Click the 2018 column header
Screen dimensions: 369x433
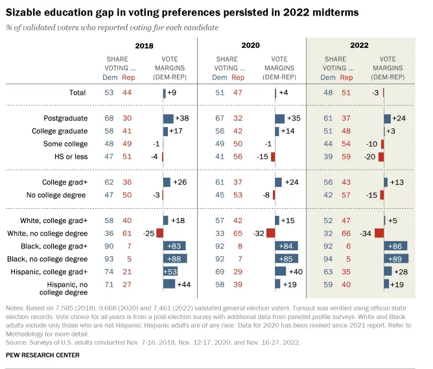[143, 45]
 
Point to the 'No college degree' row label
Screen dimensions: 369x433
[60, 195]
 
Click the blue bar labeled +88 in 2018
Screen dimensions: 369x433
[175, 258]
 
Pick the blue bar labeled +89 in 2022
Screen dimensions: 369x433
[397, 258]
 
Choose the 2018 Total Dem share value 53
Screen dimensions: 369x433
[110, 93]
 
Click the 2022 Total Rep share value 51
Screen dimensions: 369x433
[346, 93]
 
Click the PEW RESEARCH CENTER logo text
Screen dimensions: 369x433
[42, 355]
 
